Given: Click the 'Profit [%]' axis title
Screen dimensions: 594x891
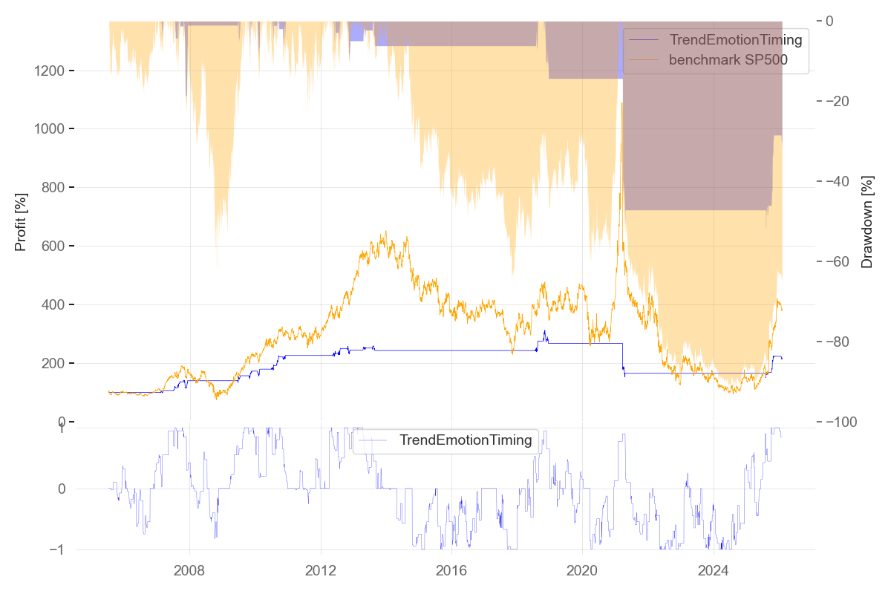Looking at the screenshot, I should [x=21, y=221].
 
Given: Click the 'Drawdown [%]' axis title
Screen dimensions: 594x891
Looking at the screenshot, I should [x=866, y=221].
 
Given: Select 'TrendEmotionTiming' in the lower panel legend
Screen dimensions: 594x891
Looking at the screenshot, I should [x=466, y=440].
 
